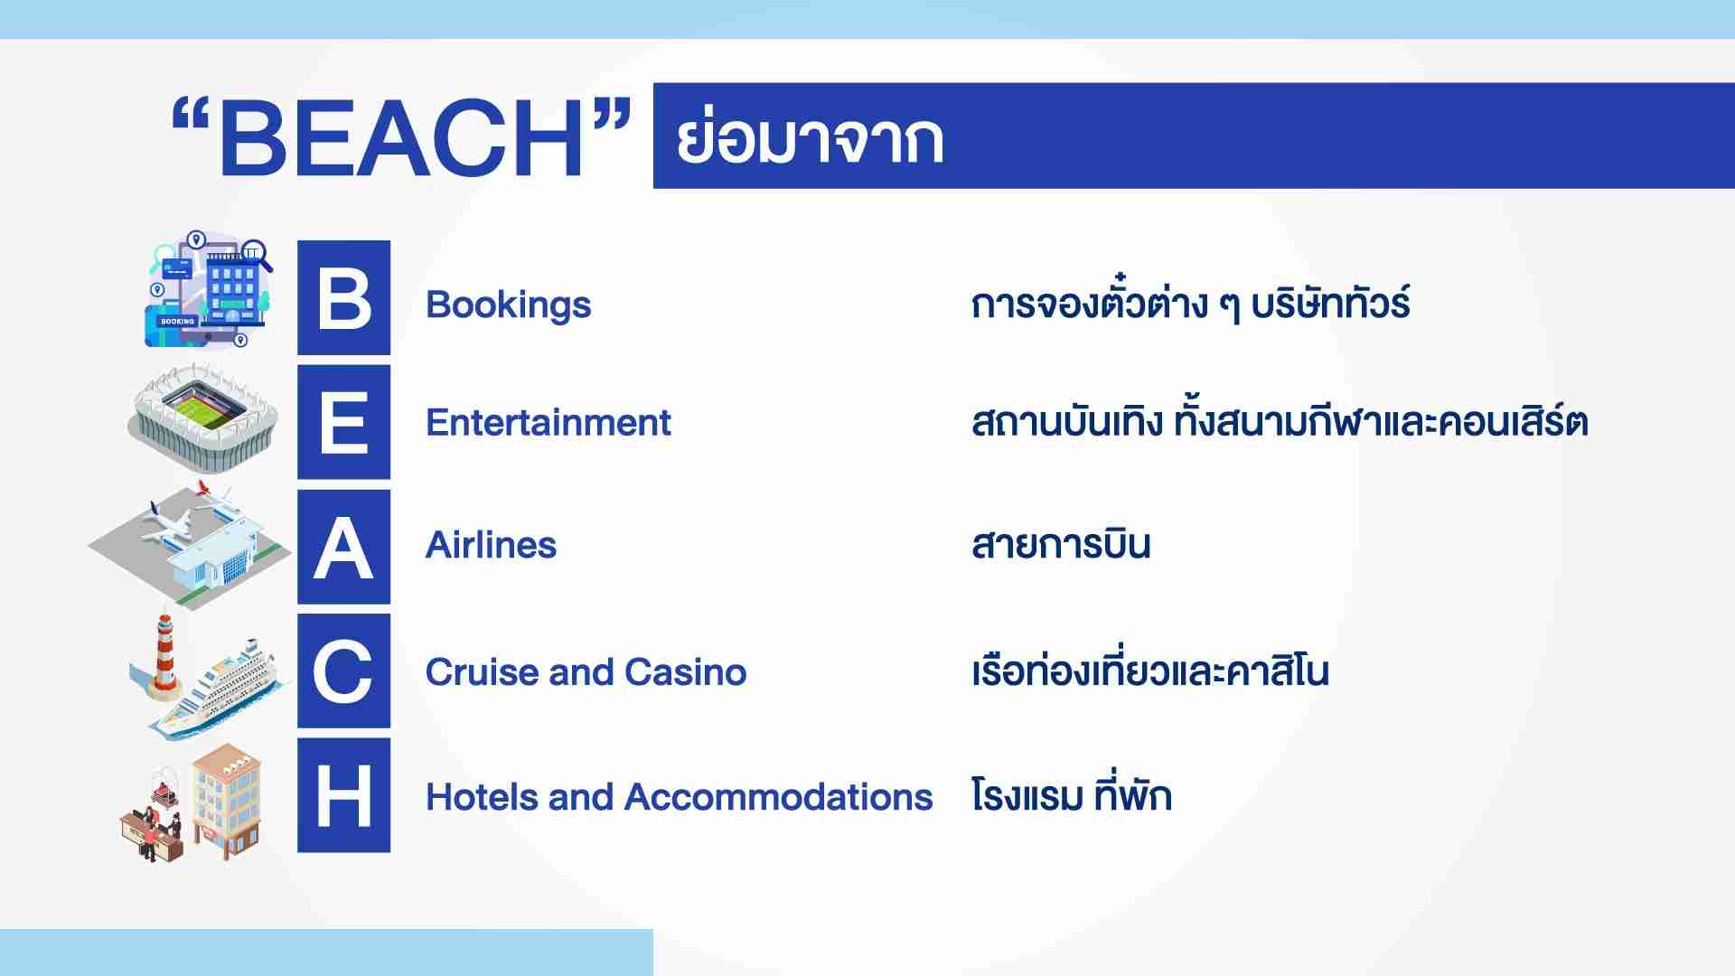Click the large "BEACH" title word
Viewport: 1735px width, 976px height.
400,138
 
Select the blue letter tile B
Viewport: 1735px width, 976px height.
344,297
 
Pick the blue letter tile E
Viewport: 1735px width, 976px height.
344,422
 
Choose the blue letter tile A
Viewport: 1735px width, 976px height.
344,547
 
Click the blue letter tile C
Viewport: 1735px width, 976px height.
344,671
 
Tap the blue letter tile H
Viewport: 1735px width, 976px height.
344,795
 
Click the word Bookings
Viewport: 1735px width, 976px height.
508,305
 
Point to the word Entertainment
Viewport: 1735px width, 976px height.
549,422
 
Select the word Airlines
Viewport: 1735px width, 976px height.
491,545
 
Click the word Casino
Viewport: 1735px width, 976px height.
686,671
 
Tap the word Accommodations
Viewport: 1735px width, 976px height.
778,797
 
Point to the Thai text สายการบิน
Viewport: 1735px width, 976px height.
1061,543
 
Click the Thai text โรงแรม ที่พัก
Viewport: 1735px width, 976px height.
1072,795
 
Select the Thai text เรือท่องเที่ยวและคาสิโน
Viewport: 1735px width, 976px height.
1150,670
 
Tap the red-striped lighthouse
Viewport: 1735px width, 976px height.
164,655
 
